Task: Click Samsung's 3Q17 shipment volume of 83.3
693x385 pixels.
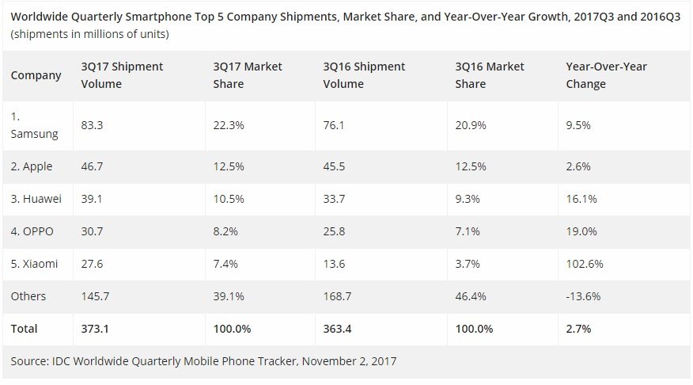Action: [x=92, y=124]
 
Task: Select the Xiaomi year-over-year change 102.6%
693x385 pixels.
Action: [x=584, y=263]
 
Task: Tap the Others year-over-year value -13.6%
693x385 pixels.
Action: [x=583, y=295]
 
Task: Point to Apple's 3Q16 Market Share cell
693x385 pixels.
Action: [x=471, y=166]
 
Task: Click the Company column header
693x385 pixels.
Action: [x=36, y=75]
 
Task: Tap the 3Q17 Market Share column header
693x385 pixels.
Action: [x=248, y=75]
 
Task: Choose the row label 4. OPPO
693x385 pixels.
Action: [x=34, y=231]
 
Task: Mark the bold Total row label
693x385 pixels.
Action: [x=24, y=328]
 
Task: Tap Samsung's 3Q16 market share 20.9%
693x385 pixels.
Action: [x=471, y=124]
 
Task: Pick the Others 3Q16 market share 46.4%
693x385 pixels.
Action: [x=471, y=295]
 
